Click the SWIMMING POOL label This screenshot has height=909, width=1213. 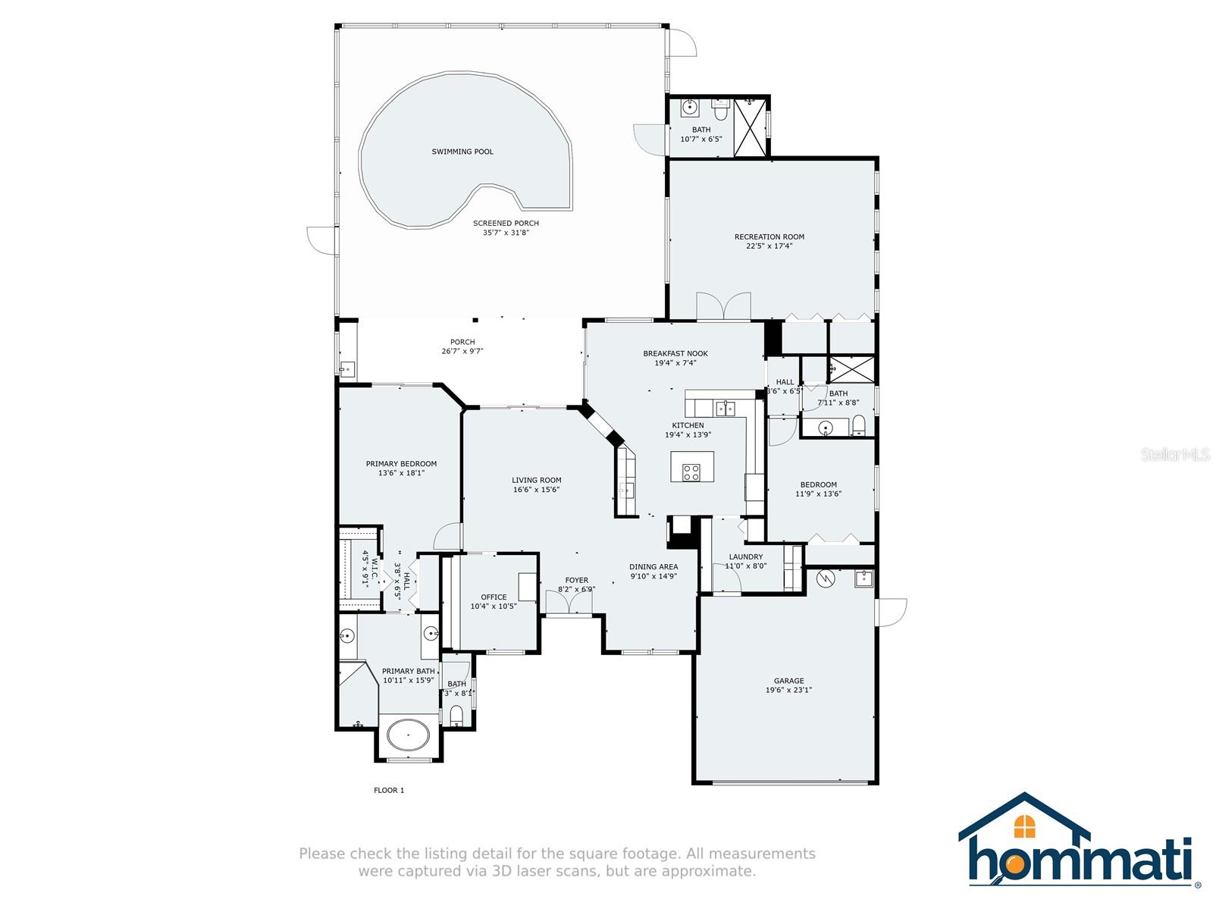[462, 152]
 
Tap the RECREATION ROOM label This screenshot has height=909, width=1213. [769, 237]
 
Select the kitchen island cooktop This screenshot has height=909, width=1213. [691, 472]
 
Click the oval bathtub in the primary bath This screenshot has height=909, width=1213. [408, 735]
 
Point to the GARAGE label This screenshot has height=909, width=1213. [788, 681]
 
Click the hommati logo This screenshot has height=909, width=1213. [1079, 845]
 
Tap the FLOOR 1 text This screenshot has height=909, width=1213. [388, 790]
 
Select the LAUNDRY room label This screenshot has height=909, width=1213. [745, 556]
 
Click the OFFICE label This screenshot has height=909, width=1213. [494, 597]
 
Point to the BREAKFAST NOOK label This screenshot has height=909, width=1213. [675, 353]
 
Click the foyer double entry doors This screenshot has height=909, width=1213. [569, 602]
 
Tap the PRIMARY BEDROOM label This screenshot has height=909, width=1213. [400, 464]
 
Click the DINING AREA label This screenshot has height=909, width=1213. [654, 566]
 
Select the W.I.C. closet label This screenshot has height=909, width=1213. [374, 569]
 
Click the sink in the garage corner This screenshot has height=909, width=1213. [864, 578]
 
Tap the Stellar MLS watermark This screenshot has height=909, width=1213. [1175, 454]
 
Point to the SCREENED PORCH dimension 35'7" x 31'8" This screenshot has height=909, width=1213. [506, 233]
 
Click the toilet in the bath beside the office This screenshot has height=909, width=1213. [456, 714]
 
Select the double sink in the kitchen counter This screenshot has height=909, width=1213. [725, 409]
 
